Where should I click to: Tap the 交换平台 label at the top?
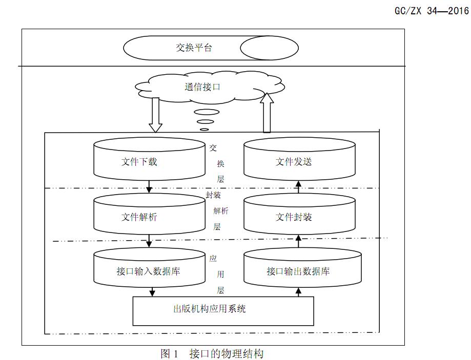point(194,48)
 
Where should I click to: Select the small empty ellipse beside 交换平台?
point(269,48)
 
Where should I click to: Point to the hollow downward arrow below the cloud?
point(155,114)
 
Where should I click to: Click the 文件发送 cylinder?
point(299,162)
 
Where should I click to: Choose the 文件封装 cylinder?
point(299,217)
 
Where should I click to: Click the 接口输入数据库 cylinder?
point(149,270)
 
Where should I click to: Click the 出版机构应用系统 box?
point(223,310)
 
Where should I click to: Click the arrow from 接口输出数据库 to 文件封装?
point(299,240)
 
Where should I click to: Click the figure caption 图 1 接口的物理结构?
point(212,353)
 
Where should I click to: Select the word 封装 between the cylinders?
point(213,195)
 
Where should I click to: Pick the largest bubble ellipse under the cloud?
point(206,112)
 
